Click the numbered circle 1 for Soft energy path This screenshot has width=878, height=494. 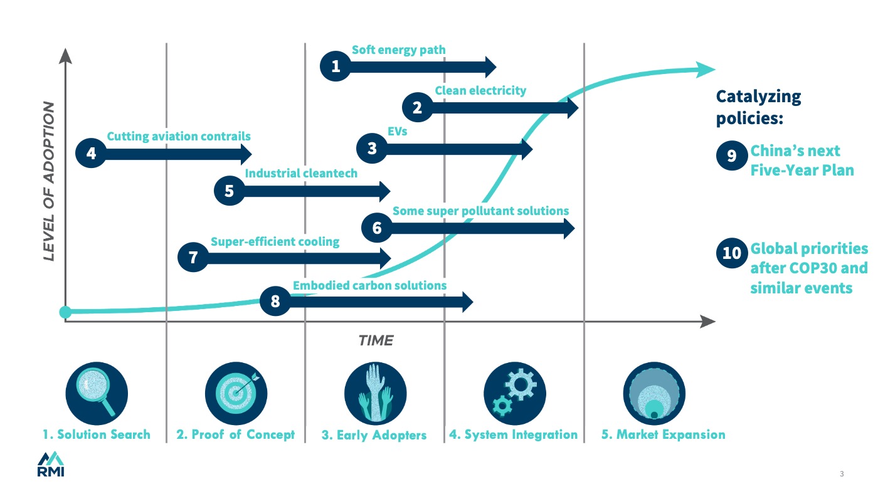pos(336,66)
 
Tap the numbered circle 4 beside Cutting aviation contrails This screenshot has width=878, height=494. pos(92,154)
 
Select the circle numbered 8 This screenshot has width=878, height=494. pos(275,302)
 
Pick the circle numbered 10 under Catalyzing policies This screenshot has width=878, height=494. pos(731,253)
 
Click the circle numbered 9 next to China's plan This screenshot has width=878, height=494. pos(731,155)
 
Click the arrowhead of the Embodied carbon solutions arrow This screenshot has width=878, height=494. pos(466,302)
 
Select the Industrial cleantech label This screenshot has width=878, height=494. pos(301,173)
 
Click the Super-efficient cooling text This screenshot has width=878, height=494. pos(275,241)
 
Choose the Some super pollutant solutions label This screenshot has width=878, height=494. pos(480,211)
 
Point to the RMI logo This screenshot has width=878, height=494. pos(51,464)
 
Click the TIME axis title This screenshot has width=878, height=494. pos(376,341)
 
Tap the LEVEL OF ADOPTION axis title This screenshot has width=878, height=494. pos(48,182)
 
